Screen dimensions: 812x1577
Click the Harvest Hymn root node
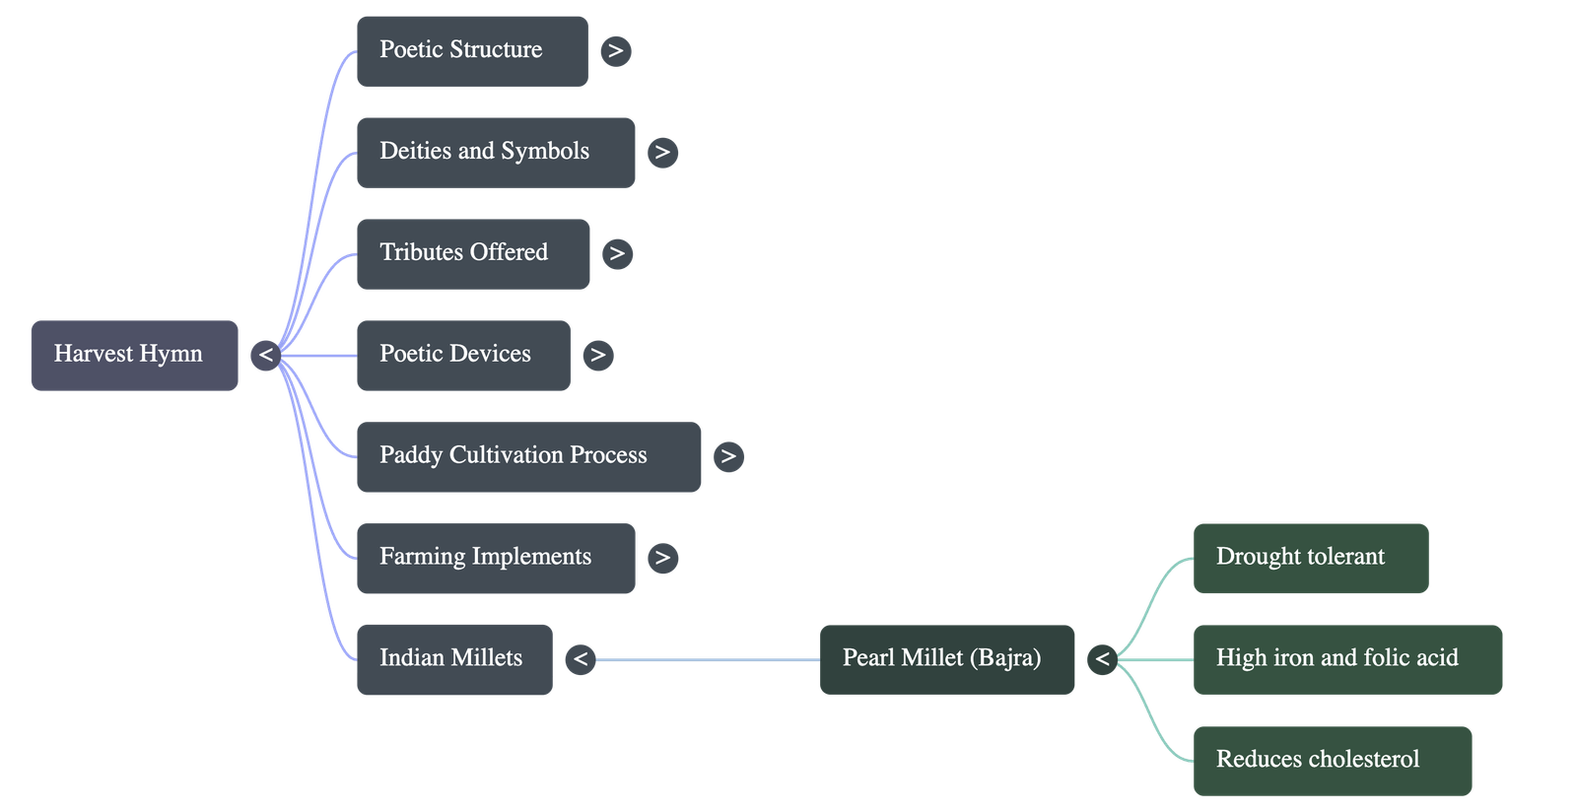[134, 355]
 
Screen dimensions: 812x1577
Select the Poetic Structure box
[471, 50]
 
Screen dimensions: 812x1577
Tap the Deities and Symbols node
[495, 152]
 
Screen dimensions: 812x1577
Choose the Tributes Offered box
[473, 253]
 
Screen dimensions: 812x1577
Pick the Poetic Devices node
[463, 355]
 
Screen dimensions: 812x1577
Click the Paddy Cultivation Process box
[528, 456]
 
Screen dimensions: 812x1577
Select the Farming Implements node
[495, 558]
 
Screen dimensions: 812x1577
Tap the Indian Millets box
[453, 659]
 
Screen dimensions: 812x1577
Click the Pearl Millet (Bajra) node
[946, 658]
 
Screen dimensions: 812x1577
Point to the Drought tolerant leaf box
[1310, 558]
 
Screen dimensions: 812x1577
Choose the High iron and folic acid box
[1347, 658]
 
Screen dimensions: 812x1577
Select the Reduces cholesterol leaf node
[1333, 760]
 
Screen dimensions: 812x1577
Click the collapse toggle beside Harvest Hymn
[265, 355]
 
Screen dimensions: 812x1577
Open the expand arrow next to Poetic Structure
[616, 50]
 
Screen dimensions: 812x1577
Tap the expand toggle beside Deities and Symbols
[662, 152]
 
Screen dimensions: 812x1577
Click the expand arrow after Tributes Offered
[617, 253]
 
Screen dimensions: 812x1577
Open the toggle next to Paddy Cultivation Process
[728, 456]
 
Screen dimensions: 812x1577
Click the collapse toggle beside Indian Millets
[581, 659]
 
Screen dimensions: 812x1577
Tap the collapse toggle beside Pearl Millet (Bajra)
[1102, 659]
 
